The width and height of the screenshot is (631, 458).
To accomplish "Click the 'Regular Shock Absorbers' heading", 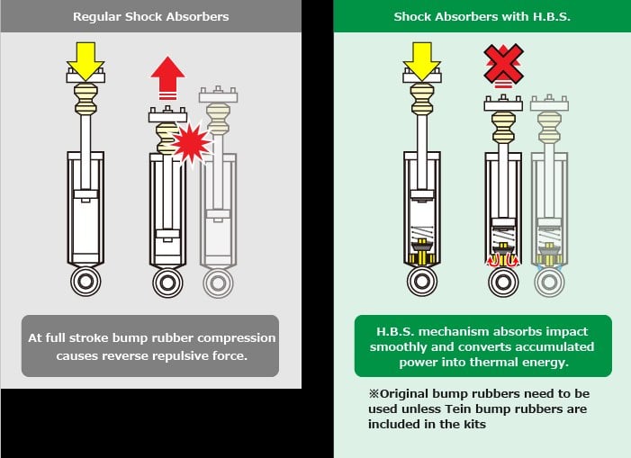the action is (x=151, y=16).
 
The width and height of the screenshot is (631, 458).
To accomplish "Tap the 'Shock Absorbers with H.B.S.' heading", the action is (x=482, y=16).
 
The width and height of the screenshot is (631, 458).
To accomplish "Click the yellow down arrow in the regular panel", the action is (x=86, y=61).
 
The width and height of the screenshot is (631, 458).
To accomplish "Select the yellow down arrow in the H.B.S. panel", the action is (x=422, y=61).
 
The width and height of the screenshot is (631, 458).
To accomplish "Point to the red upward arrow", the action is (x=167, y=77).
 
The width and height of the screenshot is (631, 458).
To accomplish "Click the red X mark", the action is (x=503, y=64).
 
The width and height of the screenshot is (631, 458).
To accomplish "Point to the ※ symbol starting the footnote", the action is (x=374, y=393).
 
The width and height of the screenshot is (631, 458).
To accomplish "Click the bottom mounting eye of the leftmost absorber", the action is (x=86, y=281).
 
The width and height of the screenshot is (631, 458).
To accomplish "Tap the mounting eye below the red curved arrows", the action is (x=503, y=282).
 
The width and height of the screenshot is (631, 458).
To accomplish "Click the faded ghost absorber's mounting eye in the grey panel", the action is (x=219, y=283).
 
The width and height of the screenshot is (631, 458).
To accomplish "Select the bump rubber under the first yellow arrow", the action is (x=86, y=98).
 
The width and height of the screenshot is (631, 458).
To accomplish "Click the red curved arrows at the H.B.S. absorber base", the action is (x=503, y=261).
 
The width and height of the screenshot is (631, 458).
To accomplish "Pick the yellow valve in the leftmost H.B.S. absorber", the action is (x=422, y=252).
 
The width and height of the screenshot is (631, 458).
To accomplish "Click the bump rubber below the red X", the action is (x=503, y=127).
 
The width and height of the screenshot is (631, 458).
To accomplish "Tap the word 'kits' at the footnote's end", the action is (x=475, y=424).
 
